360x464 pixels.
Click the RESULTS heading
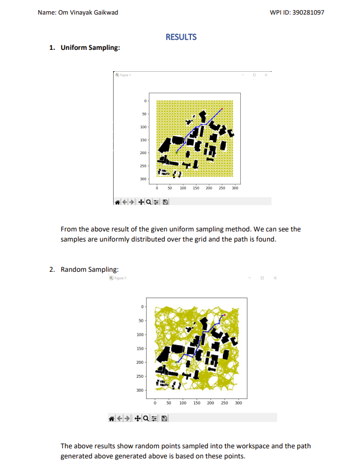pos(181,37)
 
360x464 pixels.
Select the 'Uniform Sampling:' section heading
pos(90,48)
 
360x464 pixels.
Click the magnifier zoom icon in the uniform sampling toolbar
pos(148,201)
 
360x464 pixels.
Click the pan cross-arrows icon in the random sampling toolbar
pos(138,418)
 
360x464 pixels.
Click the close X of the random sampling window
pos(275,278)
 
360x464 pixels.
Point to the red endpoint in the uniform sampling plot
pos(222,108)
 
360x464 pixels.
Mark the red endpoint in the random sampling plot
pos(223,315)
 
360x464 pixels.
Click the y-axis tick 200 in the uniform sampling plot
pos(143,153)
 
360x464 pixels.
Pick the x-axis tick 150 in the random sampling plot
pos(197,402)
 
